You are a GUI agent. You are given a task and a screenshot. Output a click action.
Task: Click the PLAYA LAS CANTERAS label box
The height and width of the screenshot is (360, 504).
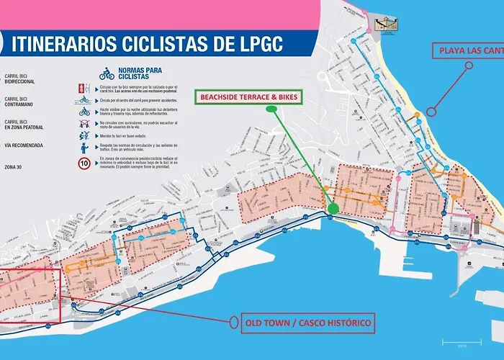tap(467, 50)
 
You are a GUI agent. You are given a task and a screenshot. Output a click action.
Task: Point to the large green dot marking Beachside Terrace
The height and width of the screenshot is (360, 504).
tap(333, 209)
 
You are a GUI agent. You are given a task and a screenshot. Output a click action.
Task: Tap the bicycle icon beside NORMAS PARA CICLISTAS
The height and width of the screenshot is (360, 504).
tap(107, 74)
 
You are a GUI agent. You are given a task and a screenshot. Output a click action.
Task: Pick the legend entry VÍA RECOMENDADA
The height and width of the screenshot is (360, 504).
tap(22, 145)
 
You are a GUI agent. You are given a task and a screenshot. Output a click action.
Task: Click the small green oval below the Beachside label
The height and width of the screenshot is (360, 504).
tap(271, 109)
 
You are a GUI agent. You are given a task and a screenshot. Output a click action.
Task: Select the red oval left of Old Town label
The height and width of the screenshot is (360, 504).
tap(231, 323)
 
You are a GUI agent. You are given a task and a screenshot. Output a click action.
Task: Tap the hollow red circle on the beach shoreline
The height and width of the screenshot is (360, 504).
tap(431, 112)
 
